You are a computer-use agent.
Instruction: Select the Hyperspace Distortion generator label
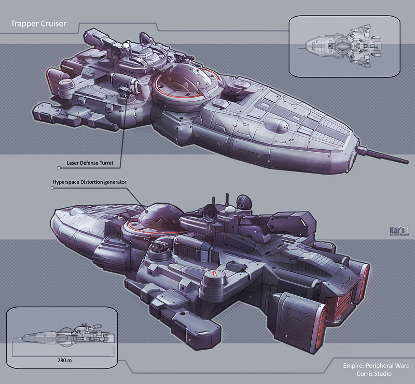click(90, 182)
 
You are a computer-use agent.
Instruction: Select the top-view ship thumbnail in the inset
click(344, 46)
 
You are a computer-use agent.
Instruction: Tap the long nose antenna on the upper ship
click(379, 154)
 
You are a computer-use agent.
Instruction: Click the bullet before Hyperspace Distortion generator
click(52, 188)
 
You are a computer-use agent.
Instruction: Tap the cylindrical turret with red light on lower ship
click(213, 278)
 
